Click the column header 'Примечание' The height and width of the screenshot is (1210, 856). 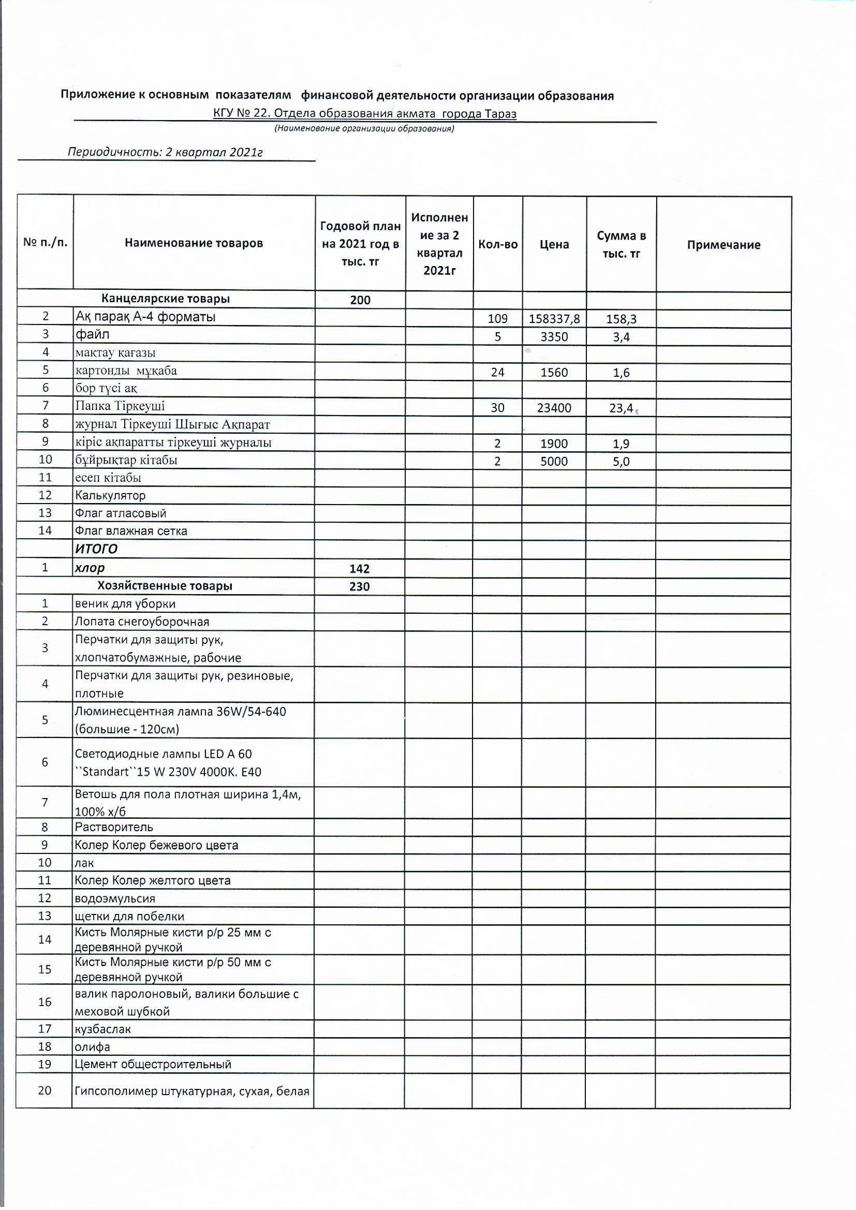pyautogui.click(x=723, y=244)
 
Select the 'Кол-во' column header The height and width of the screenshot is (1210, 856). pyautogui.click(x=497, y=244)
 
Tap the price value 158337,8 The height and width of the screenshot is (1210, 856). pyautogui.click(x=554, y=319)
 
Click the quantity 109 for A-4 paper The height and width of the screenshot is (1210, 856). pyautogui.click(x=497, y=319)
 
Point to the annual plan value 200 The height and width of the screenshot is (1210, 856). pyautogui.click(x=360, y=300)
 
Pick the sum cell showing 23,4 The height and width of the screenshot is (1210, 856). pyautogui.click(x=621, y=408)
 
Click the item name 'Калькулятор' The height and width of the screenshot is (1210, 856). pyautogui.click(x=110, y=495)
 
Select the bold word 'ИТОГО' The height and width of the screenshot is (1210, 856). pyautogui.click(x=96, y=549)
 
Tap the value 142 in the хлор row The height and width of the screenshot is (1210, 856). pyautogui.click(x=360, y=569)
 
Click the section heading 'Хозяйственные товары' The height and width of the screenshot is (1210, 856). pyautogui.click(x=165, y=586)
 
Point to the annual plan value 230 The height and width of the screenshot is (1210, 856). pyautogui.click(x=360, y=586)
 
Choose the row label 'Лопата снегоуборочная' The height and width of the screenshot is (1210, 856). pyautogui.click(x=142, y=622)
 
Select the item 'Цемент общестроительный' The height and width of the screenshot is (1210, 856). pyautogui.click(x=153, y=1064)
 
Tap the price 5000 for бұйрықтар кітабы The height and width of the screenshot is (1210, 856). pyautogui.click(x=554, y=462)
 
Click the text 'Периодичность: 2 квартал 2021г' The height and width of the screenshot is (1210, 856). pyautogui.click(x=165, y=152)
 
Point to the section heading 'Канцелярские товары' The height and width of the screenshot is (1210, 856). pyautogui.click(x=166, y=299)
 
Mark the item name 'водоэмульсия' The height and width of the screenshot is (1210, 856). pyautogui.click(x=115, y=898)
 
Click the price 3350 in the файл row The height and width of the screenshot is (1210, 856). pyautogui.click(x=554, y=337)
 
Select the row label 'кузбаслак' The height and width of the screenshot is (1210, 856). pyautogui.click(x=103, y=1029)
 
